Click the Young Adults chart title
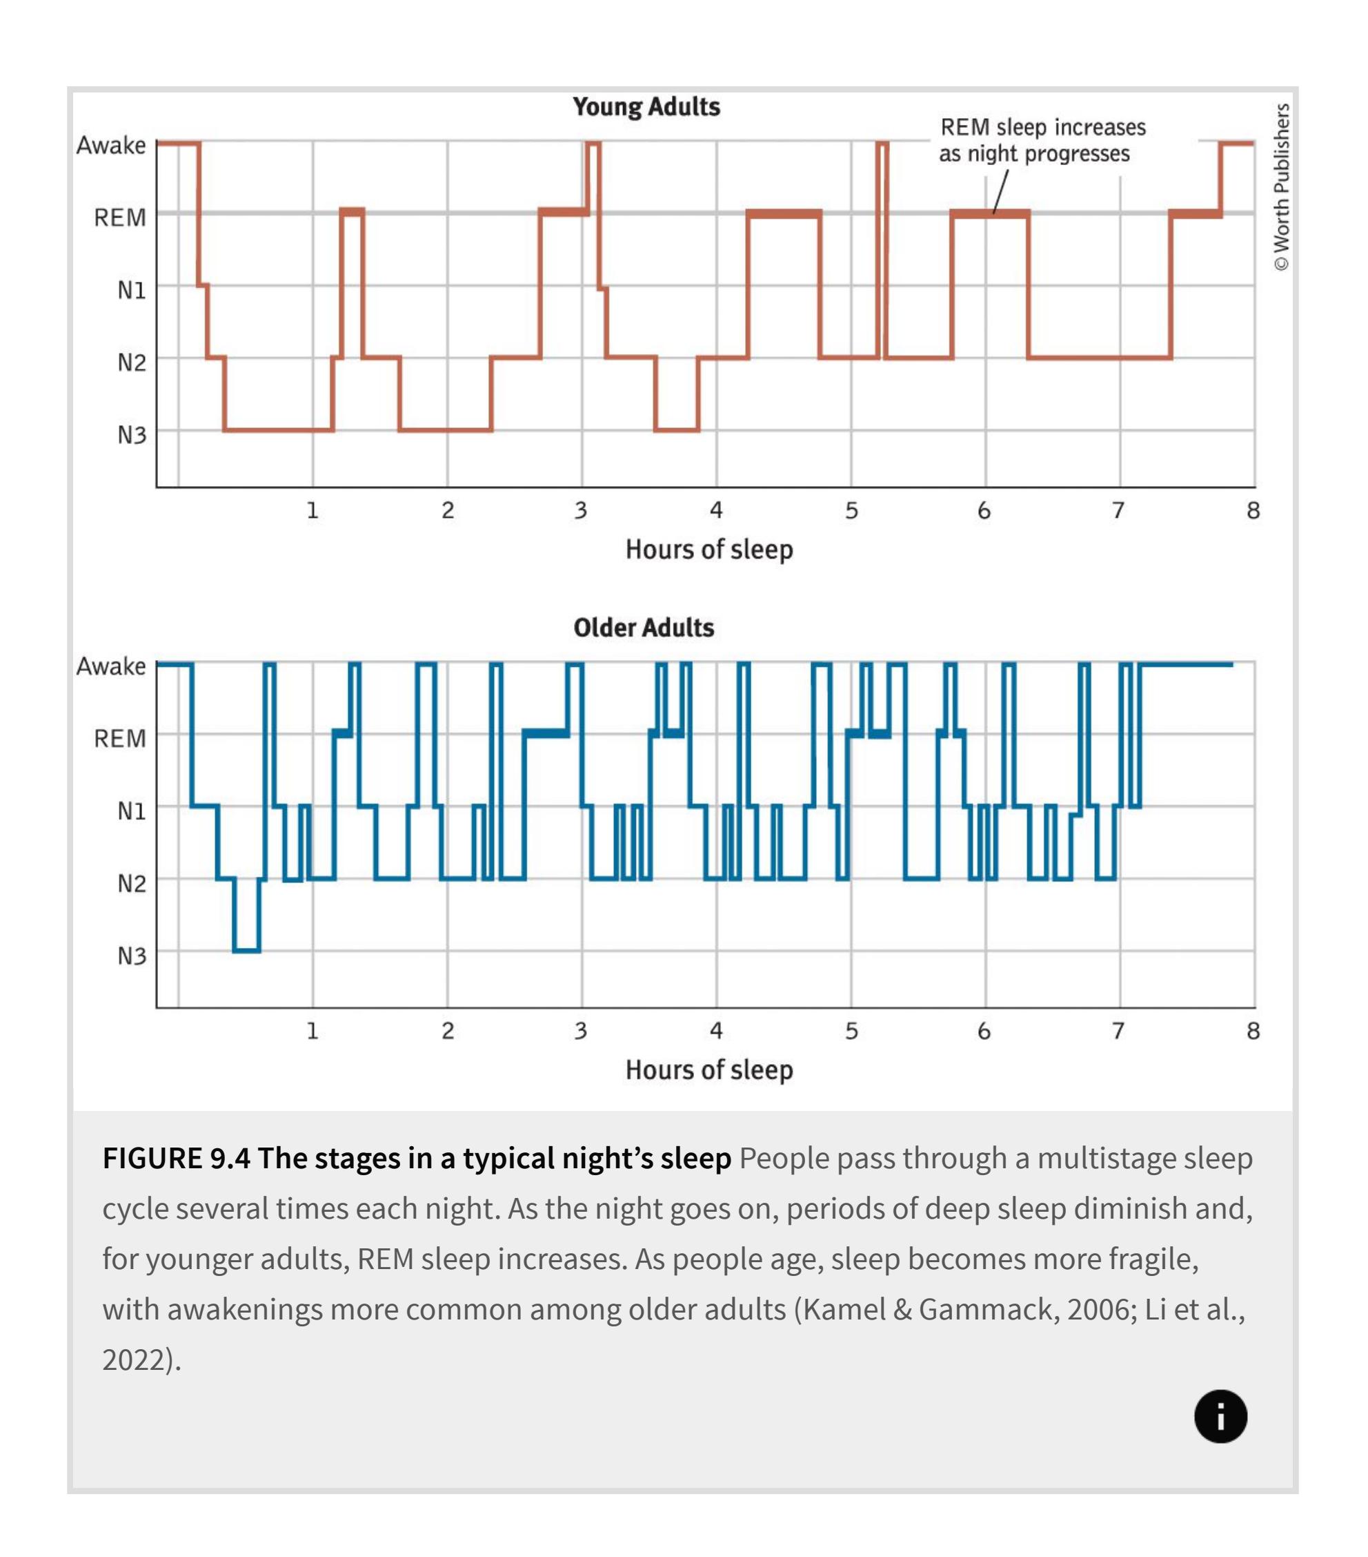646,106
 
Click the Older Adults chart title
643,628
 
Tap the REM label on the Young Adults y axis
119,218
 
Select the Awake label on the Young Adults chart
110,145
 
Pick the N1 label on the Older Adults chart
131,811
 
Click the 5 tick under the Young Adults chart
851,510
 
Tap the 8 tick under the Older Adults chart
1253,1031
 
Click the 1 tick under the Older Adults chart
312,1031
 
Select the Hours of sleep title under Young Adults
708,549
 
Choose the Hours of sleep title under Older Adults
708,1070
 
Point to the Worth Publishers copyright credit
1281,186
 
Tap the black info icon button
1220,1417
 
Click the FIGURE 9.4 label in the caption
176,1159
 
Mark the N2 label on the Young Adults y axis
131,362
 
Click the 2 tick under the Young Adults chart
448,510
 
